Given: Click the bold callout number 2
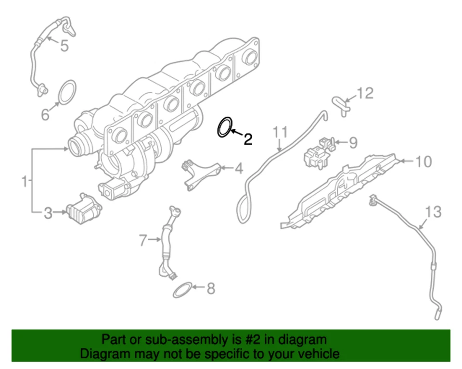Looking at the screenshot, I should coord(247,139).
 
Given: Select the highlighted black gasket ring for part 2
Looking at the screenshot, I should coord(224,127).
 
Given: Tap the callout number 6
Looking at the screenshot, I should coord(45,114).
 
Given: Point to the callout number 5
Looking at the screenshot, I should coord(64,46).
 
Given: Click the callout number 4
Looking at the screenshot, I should coord(239,169).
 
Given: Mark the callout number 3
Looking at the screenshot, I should coord(48,212).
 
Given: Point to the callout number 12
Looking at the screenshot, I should coord(365,93).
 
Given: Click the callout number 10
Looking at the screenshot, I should coord(423,161).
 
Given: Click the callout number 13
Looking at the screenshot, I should coord(433,211).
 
